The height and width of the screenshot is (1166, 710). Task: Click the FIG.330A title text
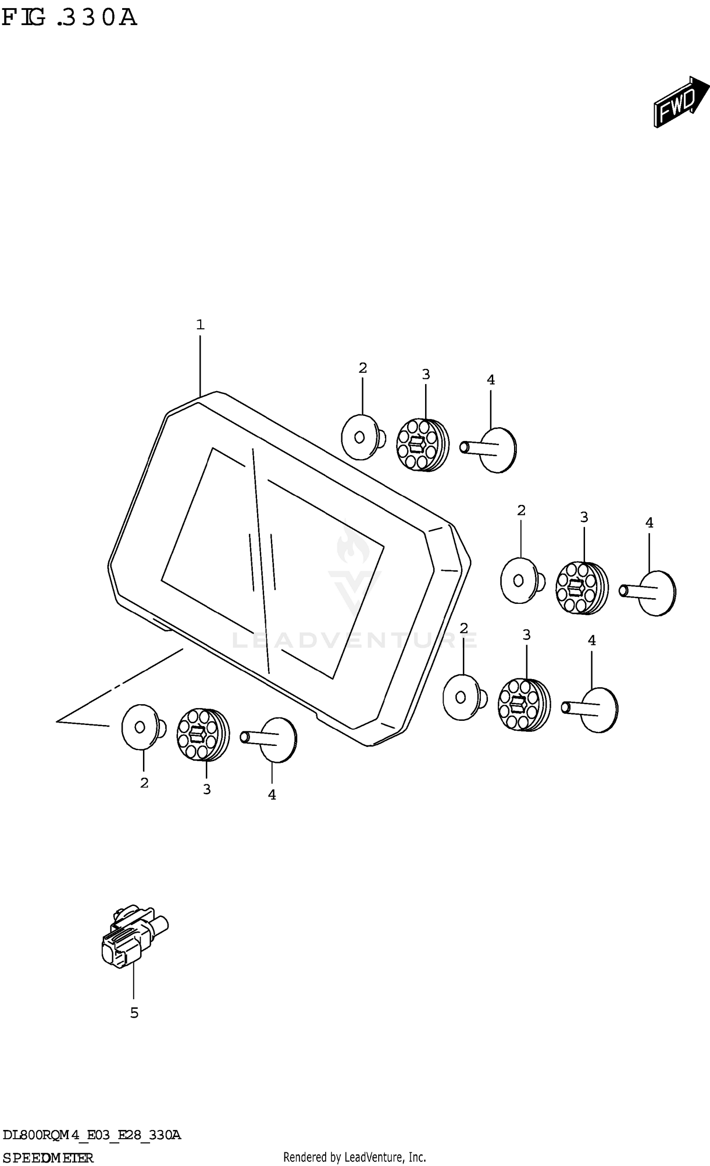(70, 18)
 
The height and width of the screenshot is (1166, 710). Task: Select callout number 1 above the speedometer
(200, 325)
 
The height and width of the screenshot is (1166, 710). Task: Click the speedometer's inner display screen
(273, 563)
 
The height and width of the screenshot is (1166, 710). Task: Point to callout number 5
(134, 1013)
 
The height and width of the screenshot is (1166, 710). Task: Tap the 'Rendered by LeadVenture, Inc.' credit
(355, 1157)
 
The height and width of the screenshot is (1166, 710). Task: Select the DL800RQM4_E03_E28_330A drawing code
(91, 1135)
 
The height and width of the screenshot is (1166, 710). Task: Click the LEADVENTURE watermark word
(355, 641)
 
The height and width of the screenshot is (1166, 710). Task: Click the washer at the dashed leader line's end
(143, 727)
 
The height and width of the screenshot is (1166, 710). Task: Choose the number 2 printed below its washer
(144, 783)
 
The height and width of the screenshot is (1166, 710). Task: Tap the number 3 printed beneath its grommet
(207, 789)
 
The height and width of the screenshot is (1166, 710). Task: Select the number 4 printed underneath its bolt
(272, 795)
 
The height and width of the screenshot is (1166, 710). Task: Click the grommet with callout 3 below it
(203, 735)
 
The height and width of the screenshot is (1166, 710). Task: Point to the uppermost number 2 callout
(363, 368)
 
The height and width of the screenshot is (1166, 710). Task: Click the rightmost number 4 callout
(649, 523)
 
